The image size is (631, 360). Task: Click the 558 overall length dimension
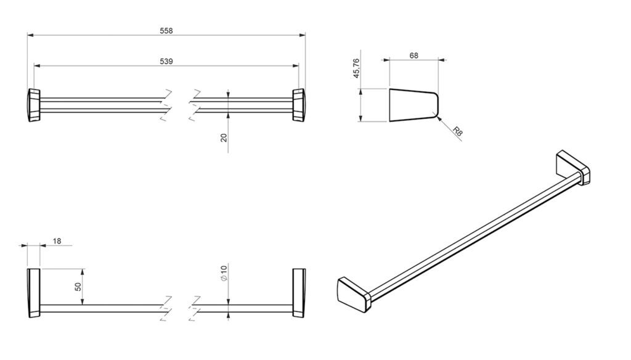coord(166,31)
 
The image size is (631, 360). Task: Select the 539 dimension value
coord(166,61)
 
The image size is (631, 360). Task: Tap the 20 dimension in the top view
coord(224,137)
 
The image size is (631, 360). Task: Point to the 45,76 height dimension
coord(356,68)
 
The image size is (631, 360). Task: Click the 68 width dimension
coord(413,55)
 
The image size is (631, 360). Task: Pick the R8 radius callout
coord(457,131)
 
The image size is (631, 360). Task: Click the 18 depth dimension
coord(57,241)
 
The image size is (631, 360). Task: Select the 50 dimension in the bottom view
coord(78,287)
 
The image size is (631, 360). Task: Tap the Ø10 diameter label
coord(224,273)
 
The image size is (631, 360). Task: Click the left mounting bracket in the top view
coord(34,105)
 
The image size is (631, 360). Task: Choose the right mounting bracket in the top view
coord(299,104)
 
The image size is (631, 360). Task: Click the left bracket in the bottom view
coord(34,293)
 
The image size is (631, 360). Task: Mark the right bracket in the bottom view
coord(299,293)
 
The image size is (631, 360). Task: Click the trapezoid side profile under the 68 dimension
coord(413,105)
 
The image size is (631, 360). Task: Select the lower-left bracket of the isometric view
coord(353,295)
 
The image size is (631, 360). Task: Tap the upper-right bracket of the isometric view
coord(573,168)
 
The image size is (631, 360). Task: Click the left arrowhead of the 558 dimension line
coord(30,35)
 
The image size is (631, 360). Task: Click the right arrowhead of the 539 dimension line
coord(296,65)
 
